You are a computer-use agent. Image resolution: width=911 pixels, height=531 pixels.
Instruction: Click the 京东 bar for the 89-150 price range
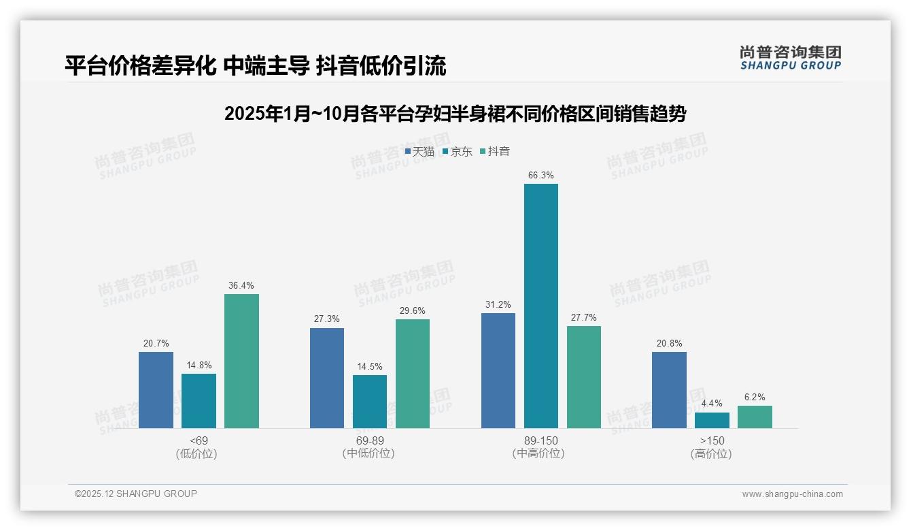pyautogui.click(x=540, y=306)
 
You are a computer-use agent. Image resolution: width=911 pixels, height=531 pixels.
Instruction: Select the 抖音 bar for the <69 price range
pyautogui.click(x=241, y=361)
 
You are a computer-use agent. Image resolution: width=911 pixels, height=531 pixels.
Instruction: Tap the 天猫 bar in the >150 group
pyautogui.click(x=669, y=389)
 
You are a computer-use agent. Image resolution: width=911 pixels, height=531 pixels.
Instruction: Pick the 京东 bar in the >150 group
pyautogui.click(x=712, y=420)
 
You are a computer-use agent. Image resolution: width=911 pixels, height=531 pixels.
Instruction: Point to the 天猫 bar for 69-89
pyautogui.click(x=327, y=378)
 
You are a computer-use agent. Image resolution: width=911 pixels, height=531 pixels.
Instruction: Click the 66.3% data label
pyautogui.click(x=540, y=176)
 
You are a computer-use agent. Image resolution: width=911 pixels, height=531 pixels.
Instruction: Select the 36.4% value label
pyautogui.click(x=241, y=286)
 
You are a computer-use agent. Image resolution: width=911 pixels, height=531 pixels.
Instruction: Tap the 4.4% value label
pyautogui.click(x=712, y=404)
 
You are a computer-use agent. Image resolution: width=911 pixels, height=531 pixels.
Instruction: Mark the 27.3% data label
pyautogui.click(x=327, y=319)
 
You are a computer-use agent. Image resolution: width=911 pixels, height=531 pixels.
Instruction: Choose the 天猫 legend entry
pyautogui.click(x=419, y=151)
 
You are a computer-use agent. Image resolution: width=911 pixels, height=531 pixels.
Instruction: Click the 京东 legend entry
pyautogui.click(x=458, y=151)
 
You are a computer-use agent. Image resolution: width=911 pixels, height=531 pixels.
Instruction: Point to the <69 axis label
pyautogui.click(x=199, y=440)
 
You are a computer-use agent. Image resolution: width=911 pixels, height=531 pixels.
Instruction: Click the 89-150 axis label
pyautogui.click(x=540, y=440)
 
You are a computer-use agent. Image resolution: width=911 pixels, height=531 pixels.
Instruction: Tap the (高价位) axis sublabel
pyautogui.click(x=711, y=453)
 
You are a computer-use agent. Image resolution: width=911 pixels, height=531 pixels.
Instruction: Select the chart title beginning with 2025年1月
pyautogui.click(x=455, y=114)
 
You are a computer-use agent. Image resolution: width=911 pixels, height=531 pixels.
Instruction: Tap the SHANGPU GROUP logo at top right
pyautogui.click(x=790, y=58)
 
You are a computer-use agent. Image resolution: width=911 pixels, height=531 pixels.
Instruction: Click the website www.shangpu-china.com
pyautogui.click(x=792, y=494)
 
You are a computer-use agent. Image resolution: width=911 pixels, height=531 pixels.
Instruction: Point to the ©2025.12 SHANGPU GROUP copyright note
pyautogui.click(x=136, y=494)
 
